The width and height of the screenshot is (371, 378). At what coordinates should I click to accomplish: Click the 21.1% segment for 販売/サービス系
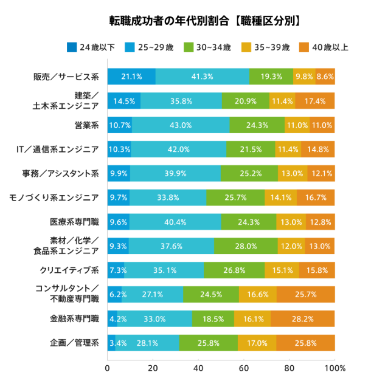tap(131, 77)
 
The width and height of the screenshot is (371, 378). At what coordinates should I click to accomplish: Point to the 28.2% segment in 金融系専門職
tap(303, 318)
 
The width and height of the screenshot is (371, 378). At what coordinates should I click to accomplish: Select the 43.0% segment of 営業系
tap(181, 125)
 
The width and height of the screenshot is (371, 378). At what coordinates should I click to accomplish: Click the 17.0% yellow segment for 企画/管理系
tap(257, 343)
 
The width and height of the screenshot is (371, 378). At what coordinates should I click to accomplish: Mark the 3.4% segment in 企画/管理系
tap(112, 343)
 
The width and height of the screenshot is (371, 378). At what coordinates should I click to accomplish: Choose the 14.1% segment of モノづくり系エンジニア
tap(280, 198)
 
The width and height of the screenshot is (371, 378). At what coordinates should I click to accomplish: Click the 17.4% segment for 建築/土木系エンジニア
tap(315, 101)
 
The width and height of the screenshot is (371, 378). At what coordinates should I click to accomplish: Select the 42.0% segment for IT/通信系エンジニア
tap(179, 149)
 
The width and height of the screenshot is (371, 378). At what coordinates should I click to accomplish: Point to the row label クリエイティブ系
tap(70, 270)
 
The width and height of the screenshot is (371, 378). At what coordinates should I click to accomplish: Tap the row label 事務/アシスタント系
tap(60, 174)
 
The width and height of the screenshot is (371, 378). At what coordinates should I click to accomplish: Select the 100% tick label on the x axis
tap(335, 368)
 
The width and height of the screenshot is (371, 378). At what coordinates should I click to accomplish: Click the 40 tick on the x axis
tap(198, 368)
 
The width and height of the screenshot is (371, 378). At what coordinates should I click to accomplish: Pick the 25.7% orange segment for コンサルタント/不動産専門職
tap(305, 294)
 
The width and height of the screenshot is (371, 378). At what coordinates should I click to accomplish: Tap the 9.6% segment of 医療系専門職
tap(119, 222)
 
